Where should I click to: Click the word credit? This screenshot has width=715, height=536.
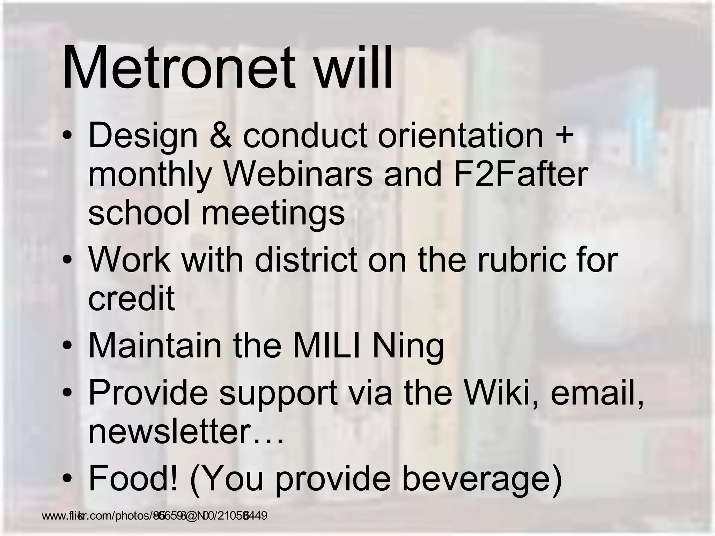[131, 299]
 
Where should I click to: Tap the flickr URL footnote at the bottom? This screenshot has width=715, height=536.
[154, 515]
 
